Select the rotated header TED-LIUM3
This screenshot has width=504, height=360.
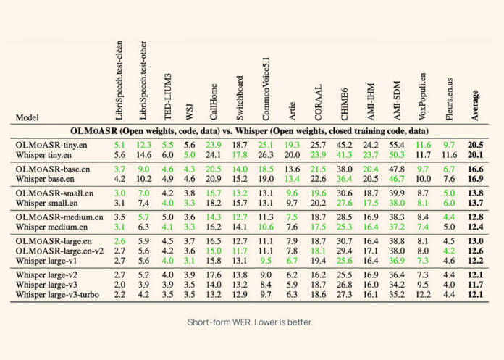pyautogui.click(x=167, y=93)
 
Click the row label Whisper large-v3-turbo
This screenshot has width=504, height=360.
pyautogui.click(x=60, y=295)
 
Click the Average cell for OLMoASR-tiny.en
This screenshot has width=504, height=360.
pyautogui.click(x=476, y=145)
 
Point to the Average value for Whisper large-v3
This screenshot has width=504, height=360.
pyautogui.click(x=476, y=285)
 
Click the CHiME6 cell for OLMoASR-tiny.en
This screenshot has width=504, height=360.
pyautogui.click(x=345, y=145)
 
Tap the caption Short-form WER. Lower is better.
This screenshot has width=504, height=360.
pyautogui.click(x=251, y=323)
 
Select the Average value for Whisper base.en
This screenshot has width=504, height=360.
pyautogui.click(x=476, y=178)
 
